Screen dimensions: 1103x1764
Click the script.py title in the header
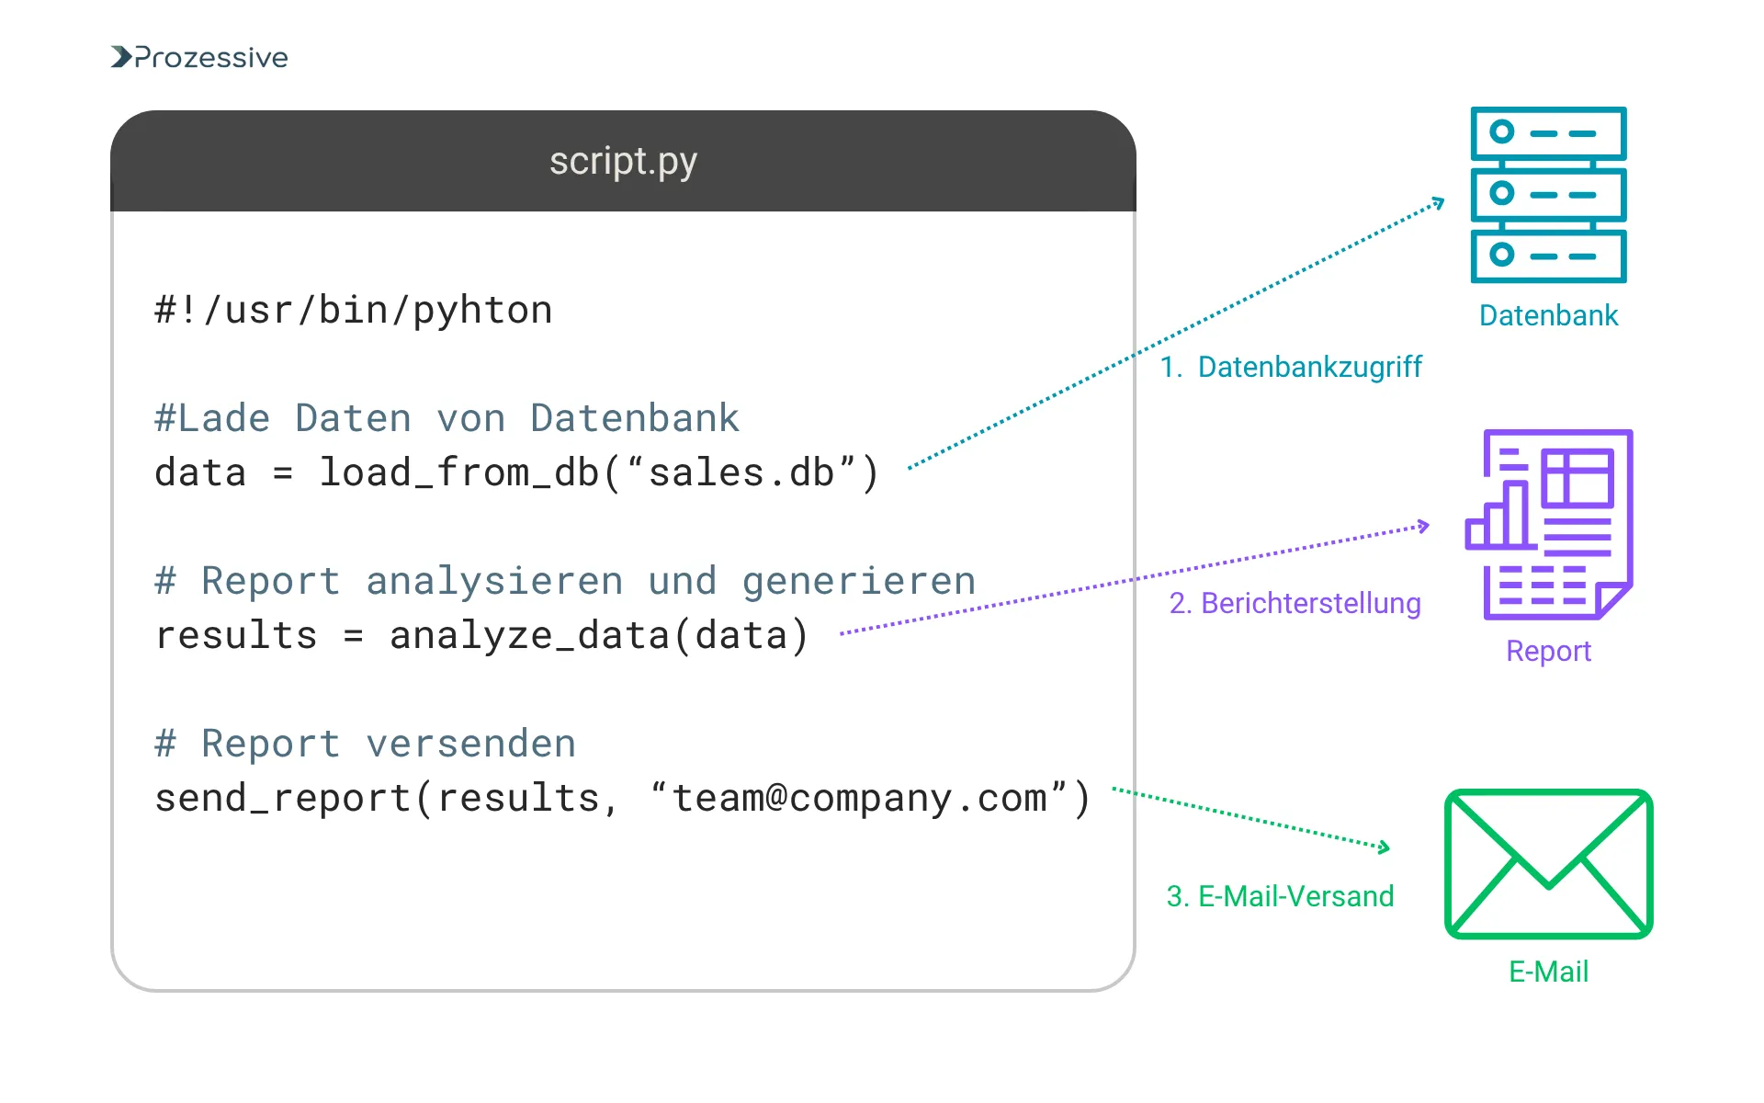(623, 162)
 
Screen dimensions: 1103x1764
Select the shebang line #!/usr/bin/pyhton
(354, 311)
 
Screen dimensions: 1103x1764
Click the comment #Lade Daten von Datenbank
(447, 418)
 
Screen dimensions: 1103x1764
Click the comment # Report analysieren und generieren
(564, 581)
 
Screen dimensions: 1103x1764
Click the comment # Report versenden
(366, 744)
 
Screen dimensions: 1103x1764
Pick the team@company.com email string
(858, 798)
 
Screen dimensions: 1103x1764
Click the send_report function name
(282, 798)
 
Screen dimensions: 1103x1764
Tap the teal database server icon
(1548, 195)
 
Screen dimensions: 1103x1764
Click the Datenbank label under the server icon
(1548, 315)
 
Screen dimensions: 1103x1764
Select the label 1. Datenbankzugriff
(1291, 367)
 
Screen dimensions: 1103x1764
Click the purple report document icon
(1550, 525)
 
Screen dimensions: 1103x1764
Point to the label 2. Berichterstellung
(1295, 603)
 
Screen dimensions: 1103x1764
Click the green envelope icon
(1548, 864)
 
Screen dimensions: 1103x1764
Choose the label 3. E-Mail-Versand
(1280, 896)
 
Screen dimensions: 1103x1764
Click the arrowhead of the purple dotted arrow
(1425, 526)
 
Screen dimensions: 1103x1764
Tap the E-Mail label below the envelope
(1548, 972)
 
